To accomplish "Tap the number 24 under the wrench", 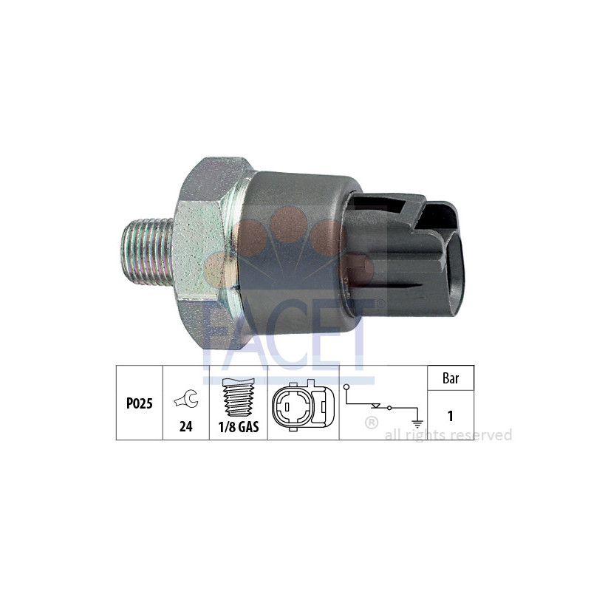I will click(x=185, y=426).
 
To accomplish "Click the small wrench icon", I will click(x=185, y=400).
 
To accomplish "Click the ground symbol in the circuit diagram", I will click(x=418, y=422).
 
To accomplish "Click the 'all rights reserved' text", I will click(x=448, y=435).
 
